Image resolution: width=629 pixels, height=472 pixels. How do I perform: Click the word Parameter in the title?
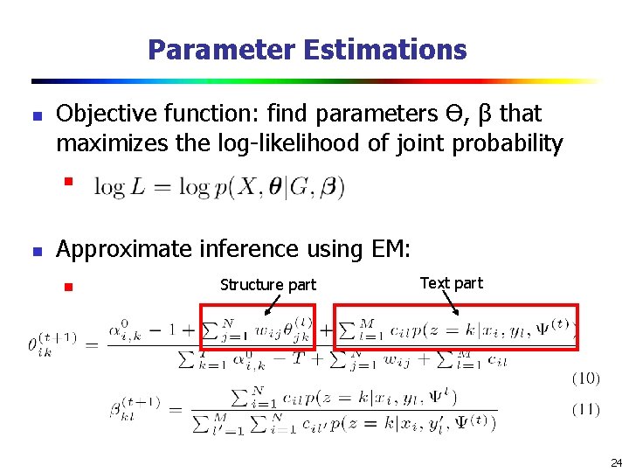click(x=222, y=50)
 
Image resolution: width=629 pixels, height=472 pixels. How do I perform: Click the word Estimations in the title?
click(x=385, y=50)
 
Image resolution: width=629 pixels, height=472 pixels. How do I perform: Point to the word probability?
click(x=508, y=142)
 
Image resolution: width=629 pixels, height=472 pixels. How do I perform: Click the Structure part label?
click(x=268, y=284)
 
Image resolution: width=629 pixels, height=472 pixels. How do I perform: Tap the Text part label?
click(x=451, y=282)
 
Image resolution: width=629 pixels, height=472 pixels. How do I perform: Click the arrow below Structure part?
click(x=272, y=302)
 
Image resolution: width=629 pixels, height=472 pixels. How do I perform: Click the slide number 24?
click(x=616, y=462)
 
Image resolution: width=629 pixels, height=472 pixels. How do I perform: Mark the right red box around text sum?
click(x=457, y=326)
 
